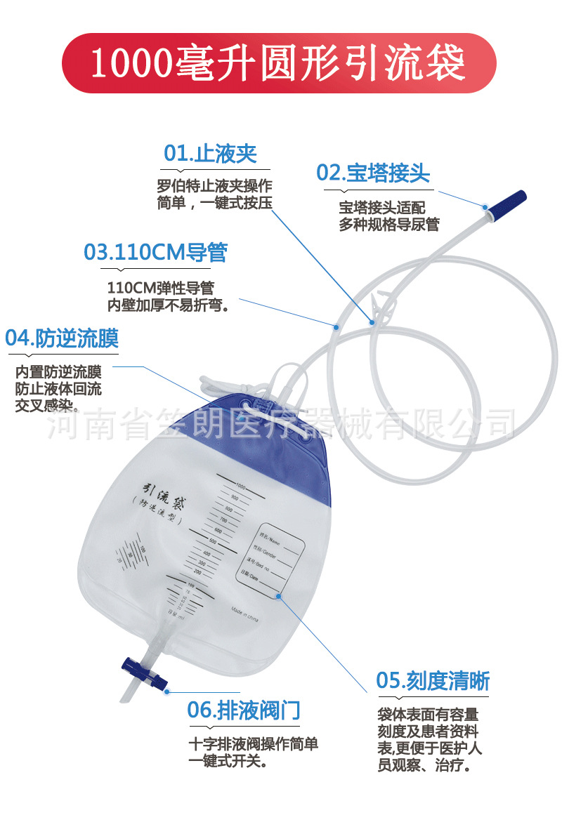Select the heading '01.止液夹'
pyautogui.click(x=210, y=154)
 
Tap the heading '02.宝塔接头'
pyautogui.click(x=372, y=173)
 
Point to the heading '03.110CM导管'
pyautogui.click(x=155, y=252)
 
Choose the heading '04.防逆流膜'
pyautogui.click(x=62, y=338)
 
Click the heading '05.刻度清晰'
pyautogui.click(x=433, y=680)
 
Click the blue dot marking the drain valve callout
pyautogui.click(x=167, y=691)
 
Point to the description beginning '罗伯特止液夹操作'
pyautogui.click(x=214, y=194)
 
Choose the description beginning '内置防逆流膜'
pyautogui.click(x=58, y=388)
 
